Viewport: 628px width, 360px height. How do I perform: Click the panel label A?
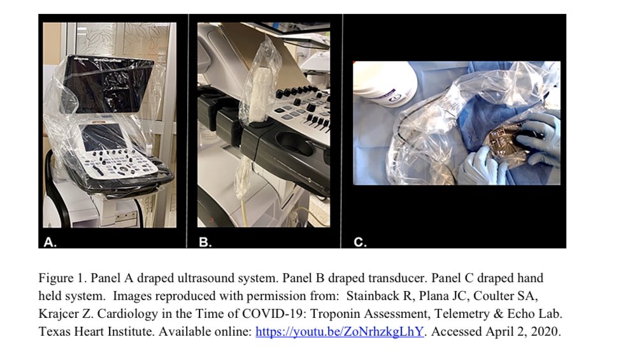[x=50, y=242]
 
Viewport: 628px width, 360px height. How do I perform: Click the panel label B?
[x=204, y=242]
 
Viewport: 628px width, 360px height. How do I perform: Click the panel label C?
[x=360, y=242]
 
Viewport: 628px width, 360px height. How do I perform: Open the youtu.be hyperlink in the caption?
[x=339, y=331]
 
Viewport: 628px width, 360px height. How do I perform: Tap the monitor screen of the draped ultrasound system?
[x=108, y=85]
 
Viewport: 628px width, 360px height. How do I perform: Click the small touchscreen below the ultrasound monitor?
[x=103, y=136]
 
